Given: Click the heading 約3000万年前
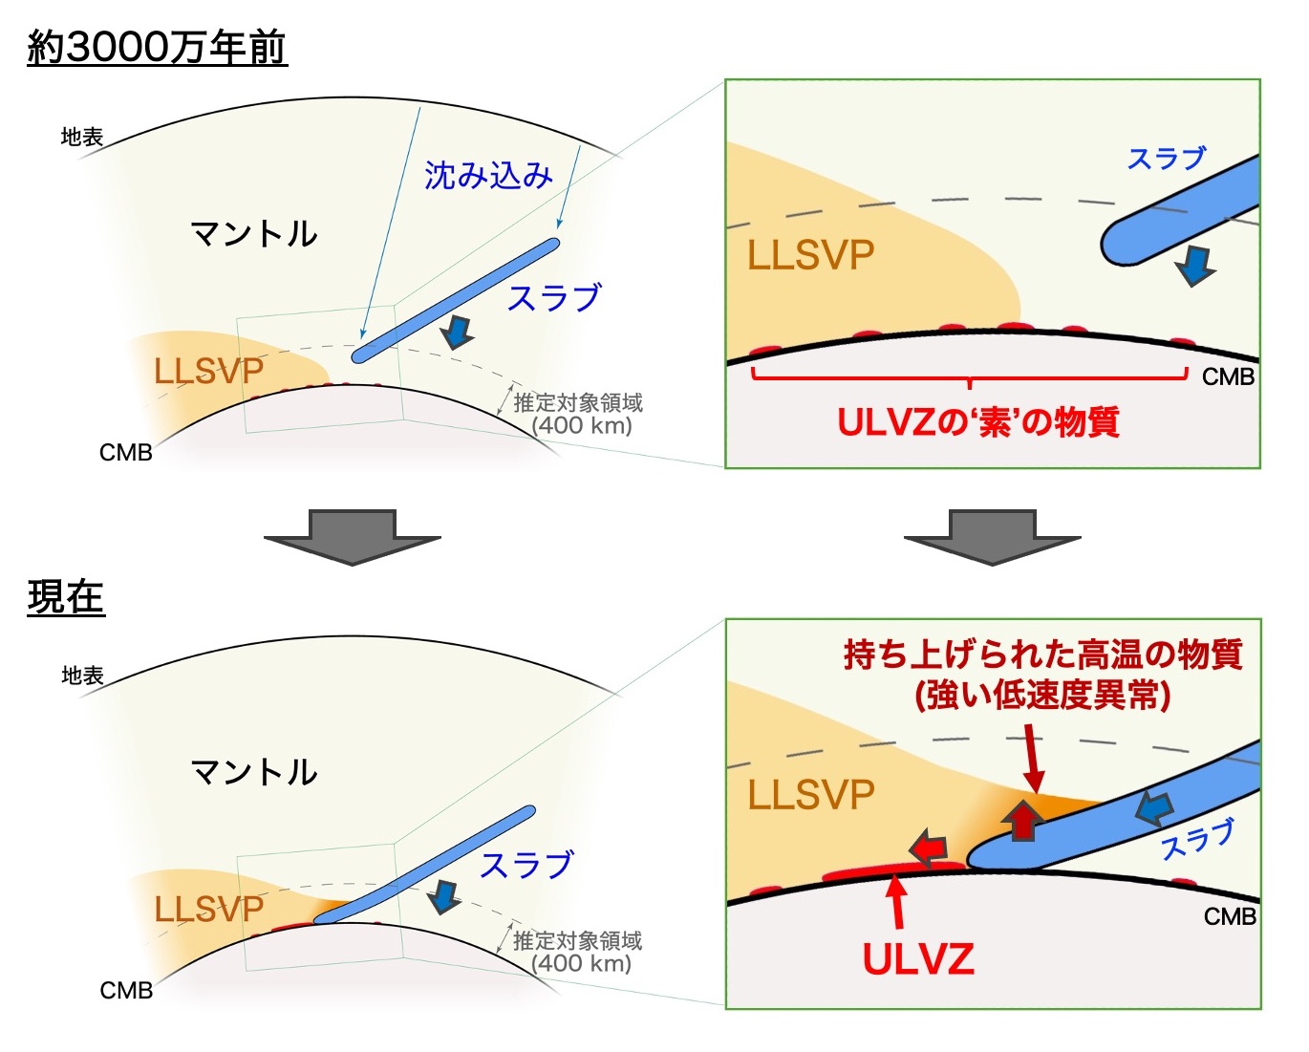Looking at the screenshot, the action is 157,47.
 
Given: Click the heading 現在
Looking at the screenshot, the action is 66,597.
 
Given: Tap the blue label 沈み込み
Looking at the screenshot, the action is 488,175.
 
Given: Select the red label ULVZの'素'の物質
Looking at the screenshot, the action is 978,421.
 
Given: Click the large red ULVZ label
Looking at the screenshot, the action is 918,959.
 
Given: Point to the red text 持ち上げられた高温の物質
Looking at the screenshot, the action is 1043,655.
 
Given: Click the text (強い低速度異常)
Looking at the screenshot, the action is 1043,696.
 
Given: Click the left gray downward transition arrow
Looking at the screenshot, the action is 353,537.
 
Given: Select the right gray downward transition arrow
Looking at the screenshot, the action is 993,537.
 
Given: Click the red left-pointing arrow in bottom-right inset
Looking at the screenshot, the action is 929,847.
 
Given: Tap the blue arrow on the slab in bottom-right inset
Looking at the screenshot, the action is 1154,808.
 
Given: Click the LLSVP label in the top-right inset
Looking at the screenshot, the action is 811,254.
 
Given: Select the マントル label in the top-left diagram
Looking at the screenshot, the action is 253,234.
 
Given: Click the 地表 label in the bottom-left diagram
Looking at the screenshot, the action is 83,676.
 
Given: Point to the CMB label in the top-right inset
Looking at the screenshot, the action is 1228,376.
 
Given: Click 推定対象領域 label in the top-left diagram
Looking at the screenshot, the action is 578,403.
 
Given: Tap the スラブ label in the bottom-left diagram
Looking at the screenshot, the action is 526,865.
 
